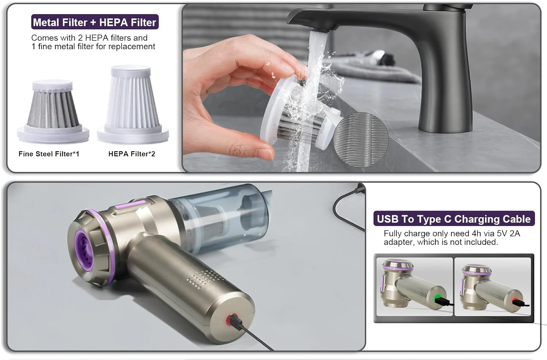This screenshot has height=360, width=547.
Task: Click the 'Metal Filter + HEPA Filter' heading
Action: [94, 22]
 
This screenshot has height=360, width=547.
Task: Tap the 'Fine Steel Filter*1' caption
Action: [49, 154]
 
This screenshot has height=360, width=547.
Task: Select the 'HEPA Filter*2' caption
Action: [132, 154]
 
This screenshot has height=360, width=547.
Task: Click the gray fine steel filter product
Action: [53, 109]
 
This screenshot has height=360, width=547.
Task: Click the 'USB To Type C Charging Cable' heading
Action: [454, 219]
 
